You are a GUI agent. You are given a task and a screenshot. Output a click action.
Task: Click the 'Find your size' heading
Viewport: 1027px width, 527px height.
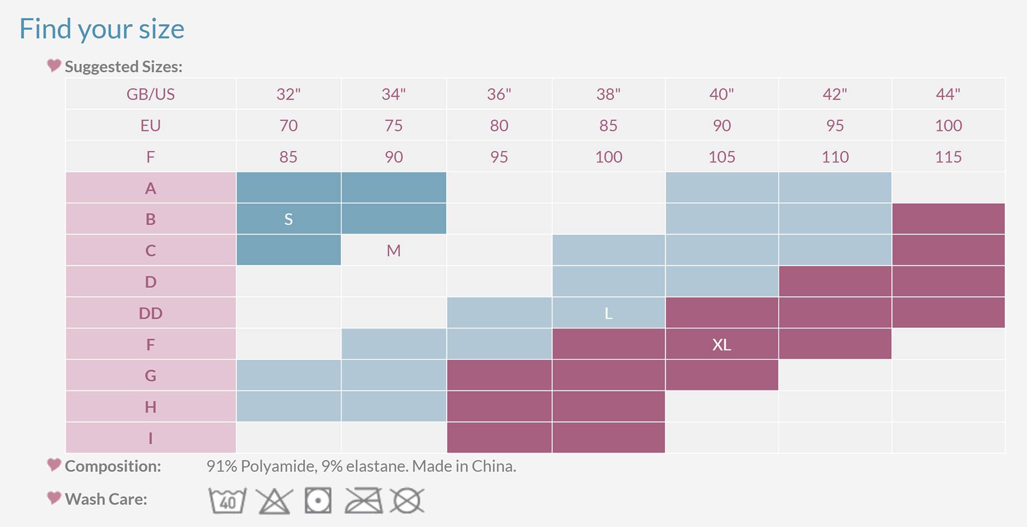102,29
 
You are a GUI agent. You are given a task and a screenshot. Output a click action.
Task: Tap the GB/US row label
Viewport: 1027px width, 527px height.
150,94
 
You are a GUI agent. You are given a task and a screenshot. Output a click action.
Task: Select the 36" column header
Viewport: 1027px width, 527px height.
499,94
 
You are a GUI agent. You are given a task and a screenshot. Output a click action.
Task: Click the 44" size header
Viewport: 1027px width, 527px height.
948,94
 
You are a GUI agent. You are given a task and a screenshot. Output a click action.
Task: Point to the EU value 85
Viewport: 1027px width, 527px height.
608,126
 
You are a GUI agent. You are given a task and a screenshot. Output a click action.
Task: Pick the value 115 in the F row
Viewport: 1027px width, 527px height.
948,157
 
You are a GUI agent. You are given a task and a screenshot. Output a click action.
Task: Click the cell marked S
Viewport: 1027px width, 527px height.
289,220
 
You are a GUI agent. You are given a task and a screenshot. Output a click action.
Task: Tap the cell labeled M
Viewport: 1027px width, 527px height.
393,251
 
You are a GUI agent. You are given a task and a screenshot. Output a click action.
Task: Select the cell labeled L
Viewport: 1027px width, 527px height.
608,314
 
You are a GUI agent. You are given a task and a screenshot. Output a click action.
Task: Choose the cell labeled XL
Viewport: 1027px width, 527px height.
721,345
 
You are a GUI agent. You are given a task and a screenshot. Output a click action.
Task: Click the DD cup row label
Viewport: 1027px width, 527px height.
150,314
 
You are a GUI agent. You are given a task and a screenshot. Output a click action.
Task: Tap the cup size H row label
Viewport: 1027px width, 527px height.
150,407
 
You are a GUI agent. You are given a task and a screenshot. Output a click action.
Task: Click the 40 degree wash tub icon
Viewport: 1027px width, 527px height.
227,500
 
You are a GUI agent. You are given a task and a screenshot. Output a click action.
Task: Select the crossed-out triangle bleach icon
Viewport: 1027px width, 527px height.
274,501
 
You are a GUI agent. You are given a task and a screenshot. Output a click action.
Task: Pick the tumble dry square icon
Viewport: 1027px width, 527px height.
318,500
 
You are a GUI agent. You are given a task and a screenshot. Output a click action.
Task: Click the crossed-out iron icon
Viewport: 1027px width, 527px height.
364,501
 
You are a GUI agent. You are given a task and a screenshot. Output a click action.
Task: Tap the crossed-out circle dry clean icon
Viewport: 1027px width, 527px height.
407,501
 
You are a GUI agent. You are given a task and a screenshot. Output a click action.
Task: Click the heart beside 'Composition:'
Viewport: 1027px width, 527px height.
54,465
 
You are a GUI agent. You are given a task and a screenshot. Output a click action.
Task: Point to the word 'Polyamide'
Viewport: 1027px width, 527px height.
278,466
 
